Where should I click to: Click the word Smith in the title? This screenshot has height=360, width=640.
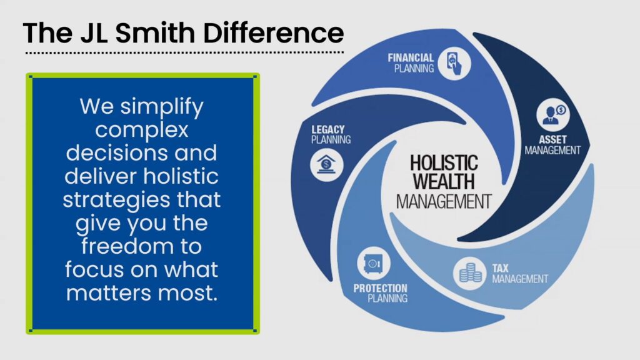coord(155,32)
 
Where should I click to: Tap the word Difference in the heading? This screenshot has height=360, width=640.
coord(274,32)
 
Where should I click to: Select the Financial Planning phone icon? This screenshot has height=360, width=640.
coord(454,63)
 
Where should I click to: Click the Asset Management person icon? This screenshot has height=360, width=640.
coord(553,114)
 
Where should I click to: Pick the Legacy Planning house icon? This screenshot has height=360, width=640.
coord(326,164)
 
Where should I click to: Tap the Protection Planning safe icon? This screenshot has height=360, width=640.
coord(374,263)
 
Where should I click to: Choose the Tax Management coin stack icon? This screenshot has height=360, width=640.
coord(470,273)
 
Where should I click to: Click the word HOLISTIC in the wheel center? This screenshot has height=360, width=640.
coord(444,163)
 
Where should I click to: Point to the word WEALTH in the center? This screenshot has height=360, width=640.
coord(444,182)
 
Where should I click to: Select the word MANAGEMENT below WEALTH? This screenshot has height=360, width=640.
coord(444,202)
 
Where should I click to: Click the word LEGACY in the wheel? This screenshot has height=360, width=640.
coord(327,129)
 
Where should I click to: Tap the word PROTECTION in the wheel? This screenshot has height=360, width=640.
coord(381,288)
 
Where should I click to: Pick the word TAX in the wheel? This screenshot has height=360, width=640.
coord(500,268)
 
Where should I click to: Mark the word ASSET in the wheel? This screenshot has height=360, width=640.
coord(552,139)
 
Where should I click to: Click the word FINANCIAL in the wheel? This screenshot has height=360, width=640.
coord(411,57)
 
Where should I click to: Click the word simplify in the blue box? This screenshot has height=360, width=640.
coord(162,107)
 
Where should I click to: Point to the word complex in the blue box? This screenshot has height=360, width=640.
coord(142,131)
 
